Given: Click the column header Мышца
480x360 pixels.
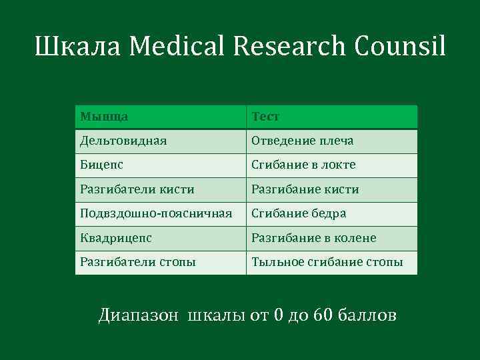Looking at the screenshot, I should click(x=104, y=117).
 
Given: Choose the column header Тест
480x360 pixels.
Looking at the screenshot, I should click(x=265, y=117).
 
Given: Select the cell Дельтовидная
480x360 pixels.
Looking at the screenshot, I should click(x=123, y=141).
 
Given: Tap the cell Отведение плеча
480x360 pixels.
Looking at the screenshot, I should click(x=302, y=141).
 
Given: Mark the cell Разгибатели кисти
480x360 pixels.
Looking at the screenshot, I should click(x=137, y=190).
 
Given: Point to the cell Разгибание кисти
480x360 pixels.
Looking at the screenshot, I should click(x=305, y=190).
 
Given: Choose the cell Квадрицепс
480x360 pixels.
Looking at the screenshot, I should click(x=116, y=239).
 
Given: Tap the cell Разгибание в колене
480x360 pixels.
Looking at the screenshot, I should click(x=313, y=239).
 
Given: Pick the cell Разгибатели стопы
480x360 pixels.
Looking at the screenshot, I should click(x=137, y=263).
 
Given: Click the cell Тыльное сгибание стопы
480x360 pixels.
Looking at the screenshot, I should click(x=327, y=263).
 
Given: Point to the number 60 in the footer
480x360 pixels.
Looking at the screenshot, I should click(x=321, y=314).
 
